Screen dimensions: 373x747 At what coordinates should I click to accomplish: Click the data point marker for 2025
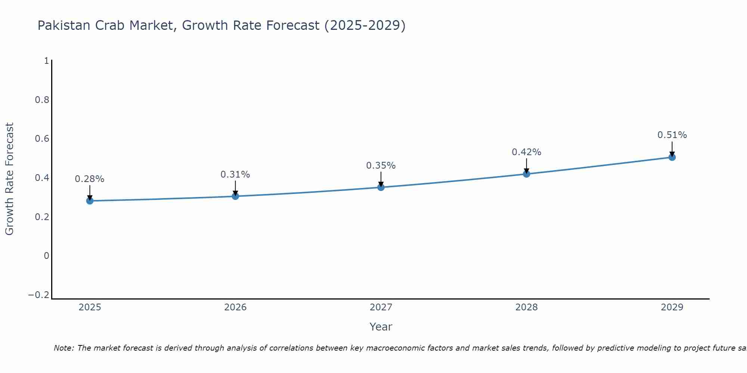tap(90, 201)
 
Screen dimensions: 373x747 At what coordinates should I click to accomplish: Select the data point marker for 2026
tap(235, 196)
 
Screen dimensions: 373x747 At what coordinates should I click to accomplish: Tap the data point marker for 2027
tap(381, 187)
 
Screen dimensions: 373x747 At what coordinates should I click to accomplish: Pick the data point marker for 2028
tap(527, 173)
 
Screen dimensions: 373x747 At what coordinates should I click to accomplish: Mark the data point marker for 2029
tap(672, 157)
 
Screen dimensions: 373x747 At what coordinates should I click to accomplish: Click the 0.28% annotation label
tap(90, 179)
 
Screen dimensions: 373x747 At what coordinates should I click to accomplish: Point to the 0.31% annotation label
tap(235, 174)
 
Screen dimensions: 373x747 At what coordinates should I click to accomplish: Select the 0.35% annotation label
tap(381, 165)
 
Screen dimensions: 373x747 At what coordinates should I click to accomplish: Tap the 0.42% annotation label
tap(527, 152)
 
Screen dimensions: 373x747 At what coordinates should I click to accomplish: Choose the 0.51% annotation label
tap(672, 135)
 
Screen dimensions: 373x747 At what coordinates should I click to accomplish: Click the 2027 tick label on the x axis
tap(381, 307)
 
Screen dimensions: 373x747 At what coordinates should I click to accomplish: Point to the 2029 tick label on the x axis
tap(672, 307)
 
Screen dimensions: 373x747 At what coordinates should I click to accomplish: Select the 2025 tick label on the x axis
tap(90, 307)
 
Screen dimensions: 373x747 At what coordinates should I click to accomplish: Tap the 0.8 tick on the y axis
tap(42, 100)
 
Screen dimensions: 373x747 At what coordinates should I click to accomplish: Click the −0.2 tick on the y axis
tap(39, 295)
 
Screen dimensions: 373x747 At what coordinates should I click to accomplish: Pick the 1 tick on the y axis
tap(46, 60)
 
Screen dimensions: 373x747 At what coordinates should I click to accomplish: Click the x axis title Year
tap(381, 327)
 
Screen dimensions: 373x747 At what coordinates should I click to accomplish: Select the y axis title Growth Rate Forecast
tap(9, 179)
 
